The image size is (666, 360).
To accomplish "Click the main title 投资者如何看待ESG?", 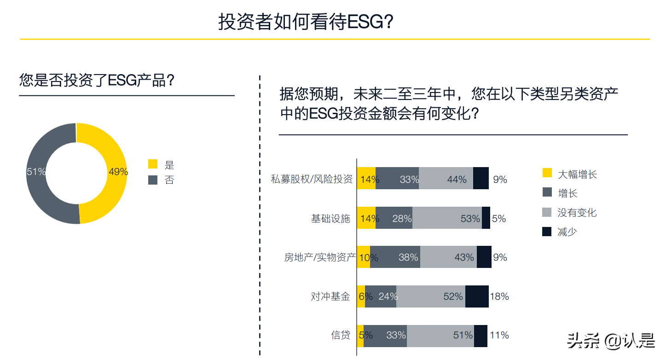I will (x=306, y=22).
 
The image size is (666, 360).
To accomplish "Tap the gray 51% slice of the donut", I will (x=39, y=184).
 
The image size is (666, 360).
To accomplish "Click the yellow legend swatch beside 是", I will (x=153, y=164).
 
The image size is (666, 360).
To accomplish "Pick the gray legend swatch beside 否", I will (x=153, y=180).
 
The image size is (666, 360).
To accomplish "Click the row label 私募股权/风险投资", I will (x=312, y=179).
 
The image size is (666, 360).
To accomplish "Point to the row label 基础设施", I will (x=330, y=219).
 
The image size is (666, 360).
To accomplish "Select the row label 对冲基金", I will (x=330, y=296).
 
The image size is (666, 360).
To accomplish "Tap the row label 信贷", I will (x=341, y=335).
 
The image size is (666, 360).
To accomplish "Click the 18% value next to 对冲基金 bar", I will (x=499, y=296).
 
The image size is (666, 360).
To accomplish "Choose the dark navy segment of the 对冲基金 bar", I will (x=477, y=296).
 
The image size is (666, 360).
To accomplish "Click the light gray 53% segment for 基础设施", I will (x=447, y=218).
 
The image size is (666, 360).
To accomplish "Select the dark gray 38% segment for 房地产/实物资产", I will (x=395, y=257).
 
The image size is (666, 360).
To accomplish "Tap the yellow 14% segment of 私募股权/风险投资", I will (x=366, y=179).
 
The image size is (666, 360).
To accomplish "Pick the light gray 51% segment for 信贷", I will (x=440, y=335).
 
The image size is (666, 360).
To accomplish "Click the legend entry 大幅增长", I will (x=577, y=174).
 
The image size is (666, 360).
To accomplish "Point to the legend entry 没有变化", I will (x=577, y=213).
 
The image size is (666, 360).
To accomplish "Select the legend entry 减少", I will (x=567, y=232).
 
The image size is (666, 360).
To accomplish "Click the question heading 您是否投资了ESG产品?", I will (x=97, y=81).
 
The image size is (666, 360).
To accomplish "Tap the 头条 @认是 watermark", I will (x=611, y=341).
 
